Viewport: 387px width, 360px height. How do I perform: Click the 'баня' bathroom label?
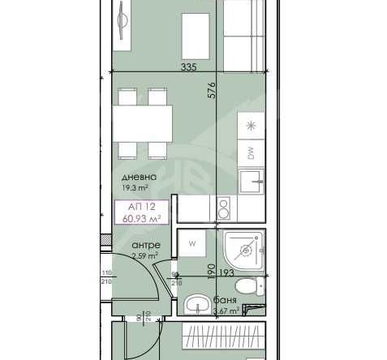click(213, 299)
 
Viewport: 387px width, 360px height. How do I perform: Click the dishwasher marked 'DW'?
click(251, 152)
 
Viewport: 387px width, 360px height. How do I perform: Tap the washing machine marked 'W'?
click(193, 242)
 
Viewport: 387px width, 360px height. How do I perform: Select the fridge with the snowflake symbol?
click(251, 126)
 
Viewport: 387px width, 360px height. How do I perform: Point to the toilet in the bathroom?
click(245, 286)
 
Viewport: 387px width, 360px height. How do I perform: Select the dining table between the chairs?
click(143, 122)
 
